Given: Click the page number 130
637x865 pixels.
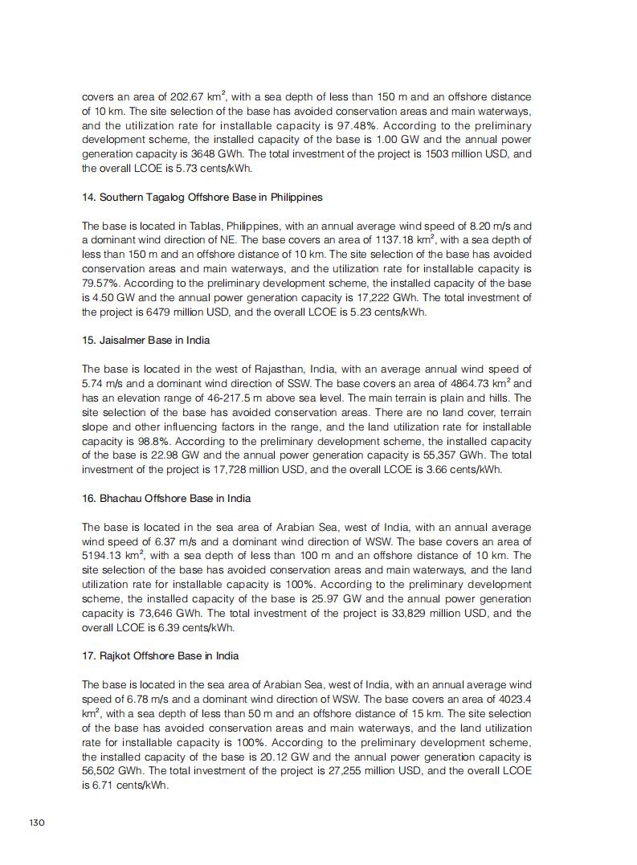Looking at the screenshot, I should pyautogui.click(x=37, y=822).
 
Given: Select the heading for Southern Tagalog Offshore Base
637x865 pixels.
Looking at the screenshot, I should pyautogui.click(x=202, y=197).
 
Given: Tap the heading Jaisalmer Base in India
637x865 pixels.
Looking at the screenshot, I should pyautogui.click(x=145, y=340).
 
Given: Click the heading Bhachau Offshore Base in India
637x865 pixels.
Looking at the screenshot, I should pyautogui.click(x=166, y=498).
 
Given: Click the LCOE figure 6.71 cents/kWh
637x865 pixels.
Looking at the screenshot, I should pyautogui.click(x=129, y=786).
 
